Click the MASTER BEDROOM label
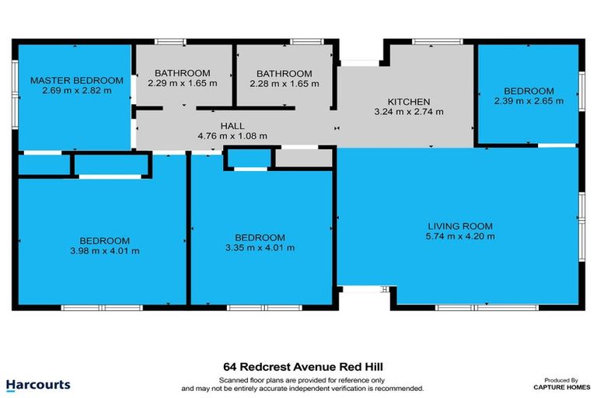[77, 80]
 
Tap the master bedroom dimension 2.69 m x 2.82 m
[77, 90]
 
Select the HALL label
[232, 125]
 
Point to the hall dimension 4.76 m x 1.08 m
[232, 135]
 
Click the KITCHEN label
[409, 101]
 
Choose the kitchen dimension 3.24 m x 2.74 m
[409, 111]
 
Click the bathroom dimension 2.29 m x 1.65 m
[183, 82]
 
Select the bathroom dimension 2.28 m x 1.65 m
[285, 82]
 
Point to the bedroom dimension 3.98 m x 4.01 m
[103, 250]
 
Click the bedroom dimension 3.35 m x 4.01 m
[260, 248]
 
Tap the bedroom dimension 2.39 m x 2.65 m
[529, 100]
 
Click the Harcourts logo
[38, 384]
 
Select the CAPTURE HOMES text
[559, 386]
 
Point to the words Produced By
[559, 379]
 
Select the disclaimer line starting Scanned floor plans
[302, 379]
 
